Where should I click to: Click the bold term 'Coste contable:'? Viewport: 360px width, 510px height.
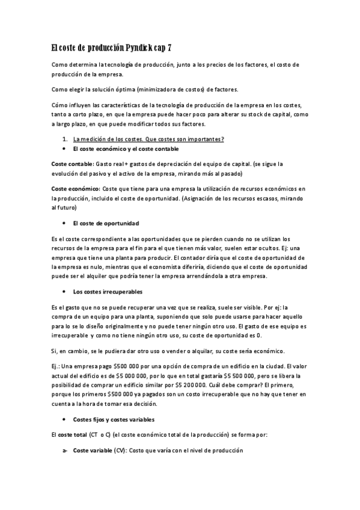click(72, 164)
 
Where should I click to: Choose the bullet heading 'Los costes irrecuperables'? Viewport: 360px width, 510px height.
click(108, 292)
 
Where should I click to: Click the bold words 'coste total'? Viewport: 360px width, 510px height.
click(72, 434)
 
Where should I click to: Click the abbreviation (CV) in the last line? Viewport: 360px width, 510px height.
click(120, 450)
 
